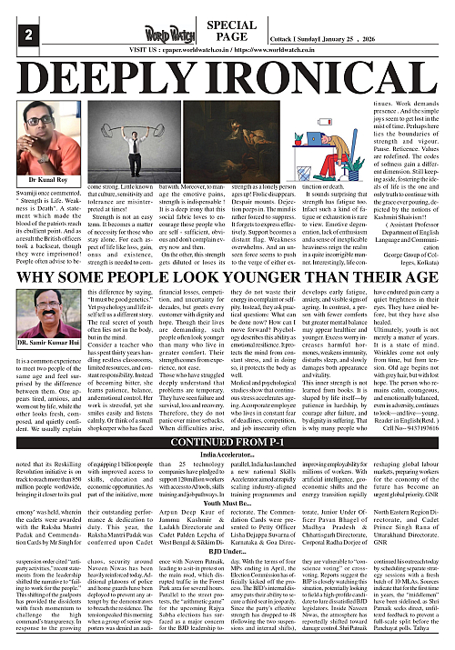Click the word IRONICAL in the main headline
pyautogui.click(x=321, y=76)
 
